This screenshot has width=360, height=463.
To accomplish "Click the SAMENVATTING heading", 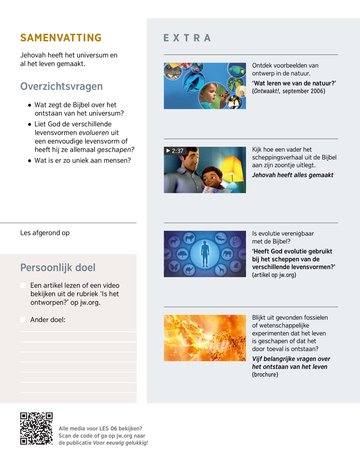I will (x=61, y=38).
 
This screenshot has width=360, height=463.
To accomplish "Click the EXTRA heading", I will (x=187, y=38).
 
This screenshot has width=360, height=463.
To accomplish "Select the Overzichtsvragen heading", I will (x=61, y=86).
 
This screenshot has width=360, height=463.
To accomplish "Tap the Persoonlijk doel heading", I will (x=58, y=267).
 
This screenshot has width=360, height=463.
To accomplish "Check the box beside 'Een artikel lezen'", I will (x=23, y=285).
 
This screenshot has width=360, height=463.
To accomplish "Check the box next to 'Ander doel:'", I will (x=23, y=320).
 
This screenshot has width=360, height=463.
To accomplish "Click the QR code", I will (x=36, y=428).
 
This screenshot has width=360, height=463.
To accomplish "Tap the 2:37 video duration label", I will (x=175, y=151).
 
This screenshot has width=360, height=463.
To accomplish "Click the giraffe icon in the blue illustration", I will (x=221, y=270).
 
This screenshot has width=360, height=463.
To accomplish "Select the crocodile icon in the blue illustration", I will (x=221, y=239).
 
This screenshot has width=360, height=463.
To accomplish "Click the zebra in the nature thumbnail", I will (x=172, y=71).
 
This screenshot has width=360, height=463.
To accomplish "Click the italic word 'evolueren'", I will (x=94, y=133).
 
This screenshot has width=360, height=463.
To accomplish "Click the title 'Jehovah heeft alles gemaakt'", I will (x=292, y=175).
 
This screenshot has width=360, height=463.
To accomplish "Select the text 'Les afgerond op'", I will (x=45, y=233).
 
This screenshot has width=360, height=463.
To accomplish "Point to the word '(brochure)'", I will (x=265, y=374).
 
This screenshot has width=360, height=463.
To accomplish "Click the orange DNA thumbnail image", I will (x=205, y=338).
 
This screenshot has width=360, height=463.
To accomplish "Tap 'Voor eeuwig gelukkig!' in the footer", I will (x=120, y=443).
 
